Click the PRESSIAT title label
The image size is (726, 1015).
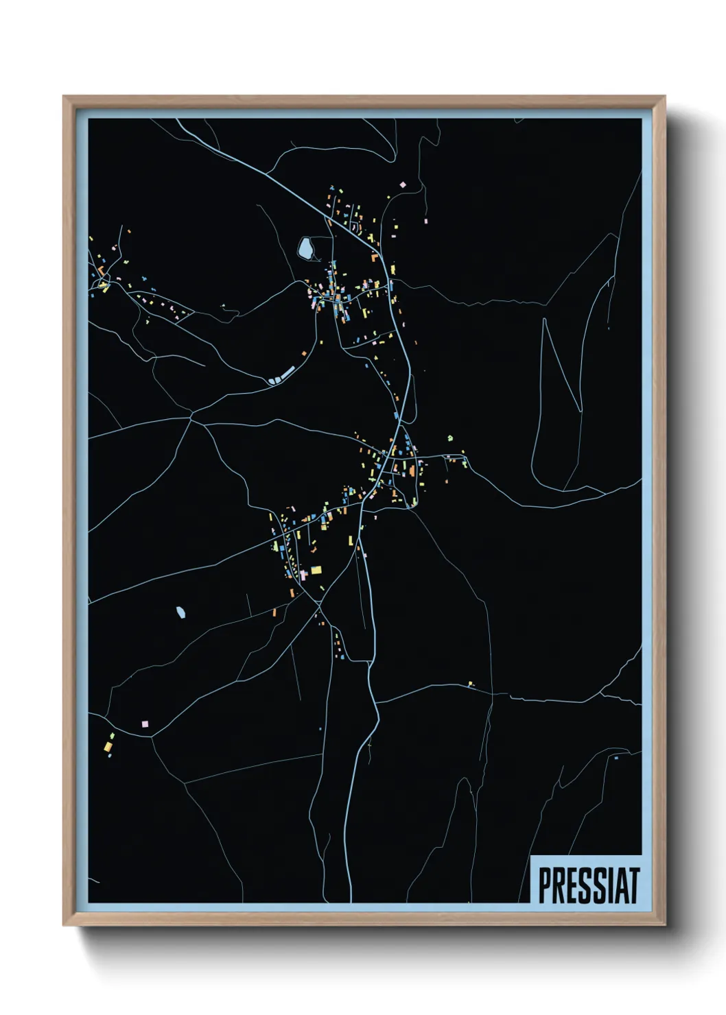588,885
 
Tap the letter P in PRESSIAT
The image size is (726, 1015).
543,885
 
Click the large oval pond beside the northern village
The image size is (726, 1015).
305,248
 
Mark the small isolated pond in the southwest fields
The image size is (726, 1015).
181,612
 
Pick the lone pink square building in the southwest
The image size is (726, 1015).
145,724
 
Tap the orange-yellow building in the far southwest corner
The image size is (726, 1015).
108,745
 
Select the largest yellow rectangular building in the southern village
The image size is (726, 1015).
316,569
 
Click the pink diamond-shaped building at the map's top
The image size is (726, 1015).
403,184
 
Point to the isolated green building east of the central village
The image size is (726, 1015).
450,437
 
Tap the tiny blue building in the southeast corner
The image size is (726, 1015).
616,758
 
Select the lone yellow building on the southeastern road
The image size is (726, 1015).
470,683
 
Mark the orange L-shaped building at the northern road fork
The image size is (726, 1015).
375,258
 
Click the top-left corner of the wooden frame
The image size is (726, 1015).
64,97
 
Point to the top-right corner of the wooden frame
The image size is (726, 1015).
664,97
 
